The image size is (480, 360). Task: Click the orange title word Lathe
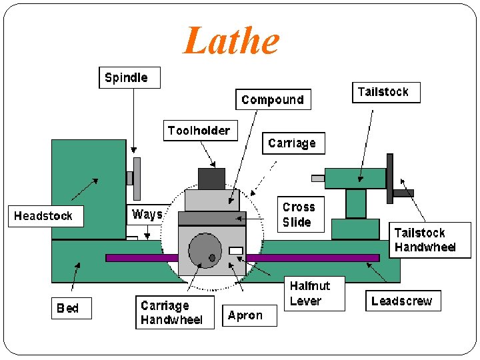coord(231,41)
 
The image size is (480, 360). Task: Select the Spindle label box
coord(129,77)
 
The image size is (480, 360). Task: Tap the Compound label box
coord(273,99)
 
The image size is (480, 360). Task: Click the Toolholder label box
coord(199,130)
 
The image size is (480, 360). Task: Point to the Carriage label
coord(292,143)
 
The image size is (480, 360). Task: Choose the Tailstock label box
coord(386,92)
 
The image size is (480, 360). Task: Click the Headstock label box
coord(45,216)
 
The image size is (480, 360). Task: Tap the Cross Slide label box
coord(301,215)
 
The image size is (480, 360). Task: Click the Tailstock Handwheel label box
coord(429,240)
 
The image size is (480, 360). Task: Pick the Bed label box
coord(71,308)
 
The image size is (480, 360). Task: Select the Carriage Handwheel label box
coord(175,313)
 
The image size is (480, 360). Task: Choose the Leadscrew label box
coord(403,301)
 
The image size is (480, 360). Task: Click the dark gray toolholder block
coord(211,179)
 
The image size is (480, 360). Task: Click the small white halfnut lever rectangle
coord(235,251)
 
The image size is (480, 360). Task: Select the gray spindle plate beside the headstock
coord(137,178)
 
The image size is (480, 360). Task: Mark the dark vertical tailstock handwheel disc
coord(390,178)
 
